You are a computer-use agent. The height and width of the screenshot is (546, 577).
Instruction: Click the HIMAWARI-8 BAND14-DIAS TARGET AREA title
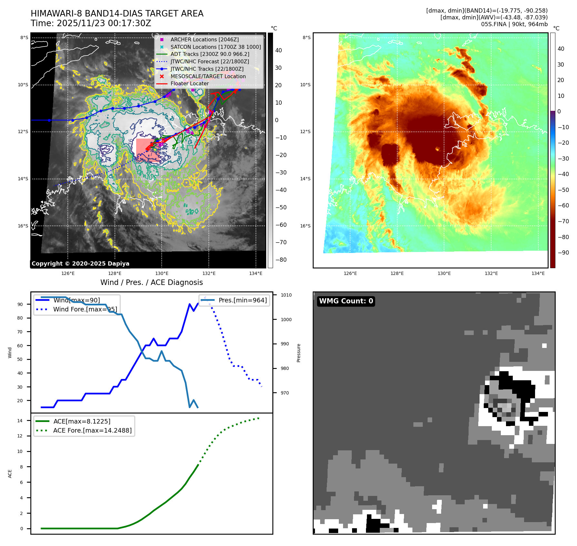[x=117, y=14]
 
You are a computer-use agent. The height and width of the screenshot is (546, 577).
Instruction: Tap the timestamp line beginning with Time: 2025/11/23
[x=91, y=23]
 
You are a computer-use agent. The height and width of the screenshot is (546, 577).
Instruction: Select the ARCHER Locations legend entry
[x=205, y=39]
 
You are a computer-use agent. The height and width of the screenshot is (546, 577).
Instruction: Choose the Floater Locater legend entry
[x=190, y=83]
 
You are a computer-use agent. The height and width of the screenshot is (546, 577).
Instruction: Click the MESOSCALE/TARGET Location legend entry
[x=208, y=76]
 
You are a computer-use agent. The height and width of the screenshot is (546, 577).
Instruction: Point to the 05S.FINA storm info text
[x=514, y=24]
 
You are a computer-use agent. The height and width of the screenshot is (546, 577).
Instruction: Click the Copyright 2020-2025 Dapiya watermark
[x=80, y=264]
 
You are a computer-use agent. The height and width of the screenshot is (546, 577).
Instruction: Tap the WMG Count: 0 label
[x=346, y=301]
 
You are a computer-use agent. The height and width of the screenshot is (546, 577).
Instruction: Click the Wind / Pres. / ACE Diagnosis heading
[x=152, y=282]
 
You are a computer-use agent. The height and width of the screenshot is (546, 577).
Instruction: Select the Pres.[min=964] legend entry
[x=243, y=300]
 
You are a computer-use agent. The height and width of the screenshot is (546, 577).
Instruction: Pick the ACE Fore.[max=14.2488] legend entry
[x=92, y=430]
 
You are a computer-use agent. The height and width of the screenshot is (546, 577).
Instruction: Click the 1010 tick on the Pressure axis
[x=286, y=295]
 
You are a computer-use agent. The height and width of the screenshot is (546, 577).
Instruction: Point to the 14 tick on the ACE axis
[x=20, y=421]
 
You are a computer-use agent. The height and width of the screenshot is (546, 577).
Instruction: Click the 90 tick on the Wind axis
[x=20, y=304]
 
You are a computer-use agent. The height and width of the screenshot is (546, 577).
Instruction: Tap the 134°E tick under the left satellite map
[x=256, y=273]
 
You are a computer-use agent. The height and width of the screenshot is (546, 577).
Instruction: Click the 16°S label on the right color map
[x=307, y=226]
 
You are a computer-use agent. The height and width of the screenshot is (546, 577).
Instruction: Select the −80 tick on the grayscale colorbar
[x=281, y=260]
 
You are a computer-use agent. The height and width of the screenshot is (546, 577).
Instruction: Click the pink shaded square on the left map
[x=148, y=150]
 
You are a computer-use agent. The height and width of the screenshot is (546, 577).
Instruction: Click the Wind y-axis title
[x=10, y=352]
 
